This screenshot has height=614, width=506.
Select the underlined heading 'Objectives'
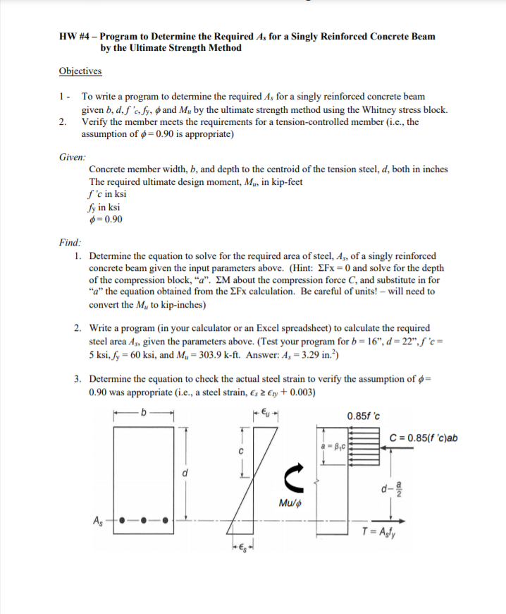tap(80, 71)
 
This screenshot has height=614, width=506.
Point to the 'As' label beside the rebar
tap(99, 522)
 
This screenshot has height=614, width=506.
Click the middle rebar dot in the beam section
tap(144, 523)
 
